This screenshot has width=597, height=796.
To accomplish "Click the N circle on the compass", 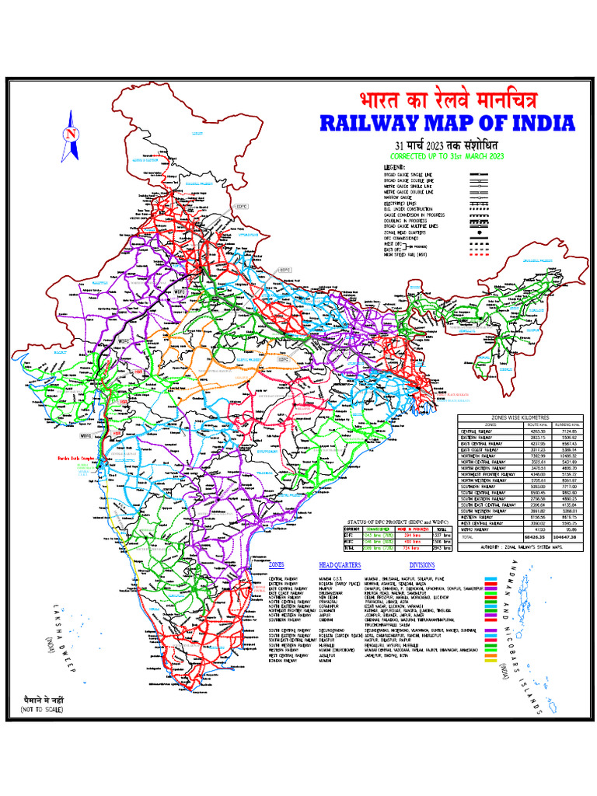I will [x=72, y=133].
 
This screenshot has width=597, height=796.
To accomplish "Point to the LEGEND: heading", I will [x=395, y=167].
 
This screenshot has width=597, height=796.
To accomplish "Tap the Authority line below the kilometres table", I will [x=521, y=548].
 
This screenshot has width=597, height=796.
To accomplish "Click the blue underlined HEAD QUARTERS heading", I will [x=340, y=565].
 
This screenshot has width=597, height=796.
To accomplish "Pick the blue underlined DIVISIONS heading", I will [x=423, y=565].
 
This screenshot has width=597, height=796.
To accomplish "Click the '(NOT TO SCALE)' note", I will [x=44, y=710].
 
